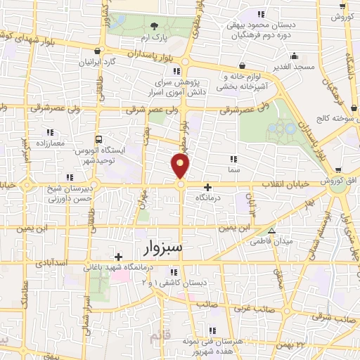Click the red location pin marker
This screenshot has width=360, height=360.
click(181, 166)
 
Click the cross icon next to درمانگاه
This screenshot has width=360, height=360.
click(207, 188)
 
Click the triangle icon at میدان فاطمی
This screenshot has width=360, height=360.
click(272, 231)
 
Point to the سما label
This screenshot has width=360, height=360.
click(233, 169)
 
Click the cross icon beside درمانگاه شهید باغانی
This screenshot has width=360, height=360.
click(119, 257)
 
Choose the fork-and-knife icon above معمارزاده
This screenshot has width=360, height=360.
click(49, 132)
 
